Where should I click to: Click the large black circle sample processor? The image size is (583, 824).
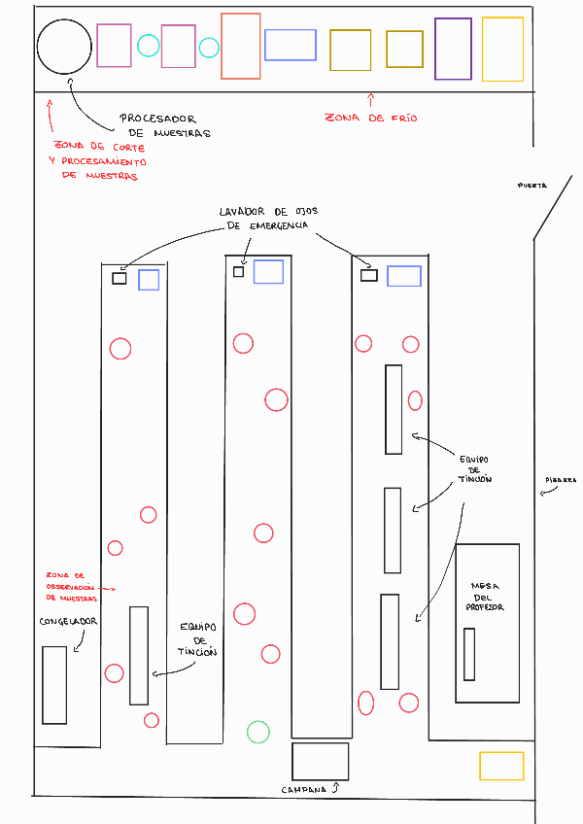click(63, 46)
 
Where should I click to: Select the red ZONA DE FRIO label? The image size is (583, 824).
click(370, 118)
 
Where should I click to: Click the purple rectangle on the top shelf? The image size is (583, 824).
click(453, 49)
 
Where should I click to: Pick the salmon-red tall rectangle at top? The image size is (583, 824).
click(241, 46)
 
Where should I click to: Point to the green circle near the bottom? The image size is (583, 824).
click(257, 732)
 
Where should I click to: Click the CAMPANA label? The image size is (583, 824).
click(306, 789)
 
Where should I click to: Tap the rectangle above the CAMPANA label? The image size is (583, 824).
click(320, 761)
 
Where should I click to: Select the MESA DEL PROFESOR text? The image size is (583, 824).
click(487, 597)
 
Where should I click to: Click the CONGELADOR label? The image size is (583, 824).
click(69, 622)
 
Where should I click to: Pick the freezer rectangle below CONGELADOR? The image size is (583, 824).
click(54, 684)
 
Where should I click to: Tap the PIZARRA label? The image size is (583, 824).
click(561, 480)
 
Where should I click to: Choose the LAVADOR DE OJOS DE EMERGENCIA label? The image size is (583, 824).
click(265, 218)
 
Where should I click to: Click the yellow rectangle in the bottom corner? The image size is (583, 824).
click(501, 766)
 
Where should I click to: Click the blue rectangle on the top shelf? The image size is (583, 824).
click(291, 46)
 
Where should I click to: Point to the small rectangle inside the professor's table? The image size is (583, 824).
click(469, 654)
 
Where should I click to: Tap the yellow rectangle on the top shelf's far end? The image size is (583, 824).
click(502, 49)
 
